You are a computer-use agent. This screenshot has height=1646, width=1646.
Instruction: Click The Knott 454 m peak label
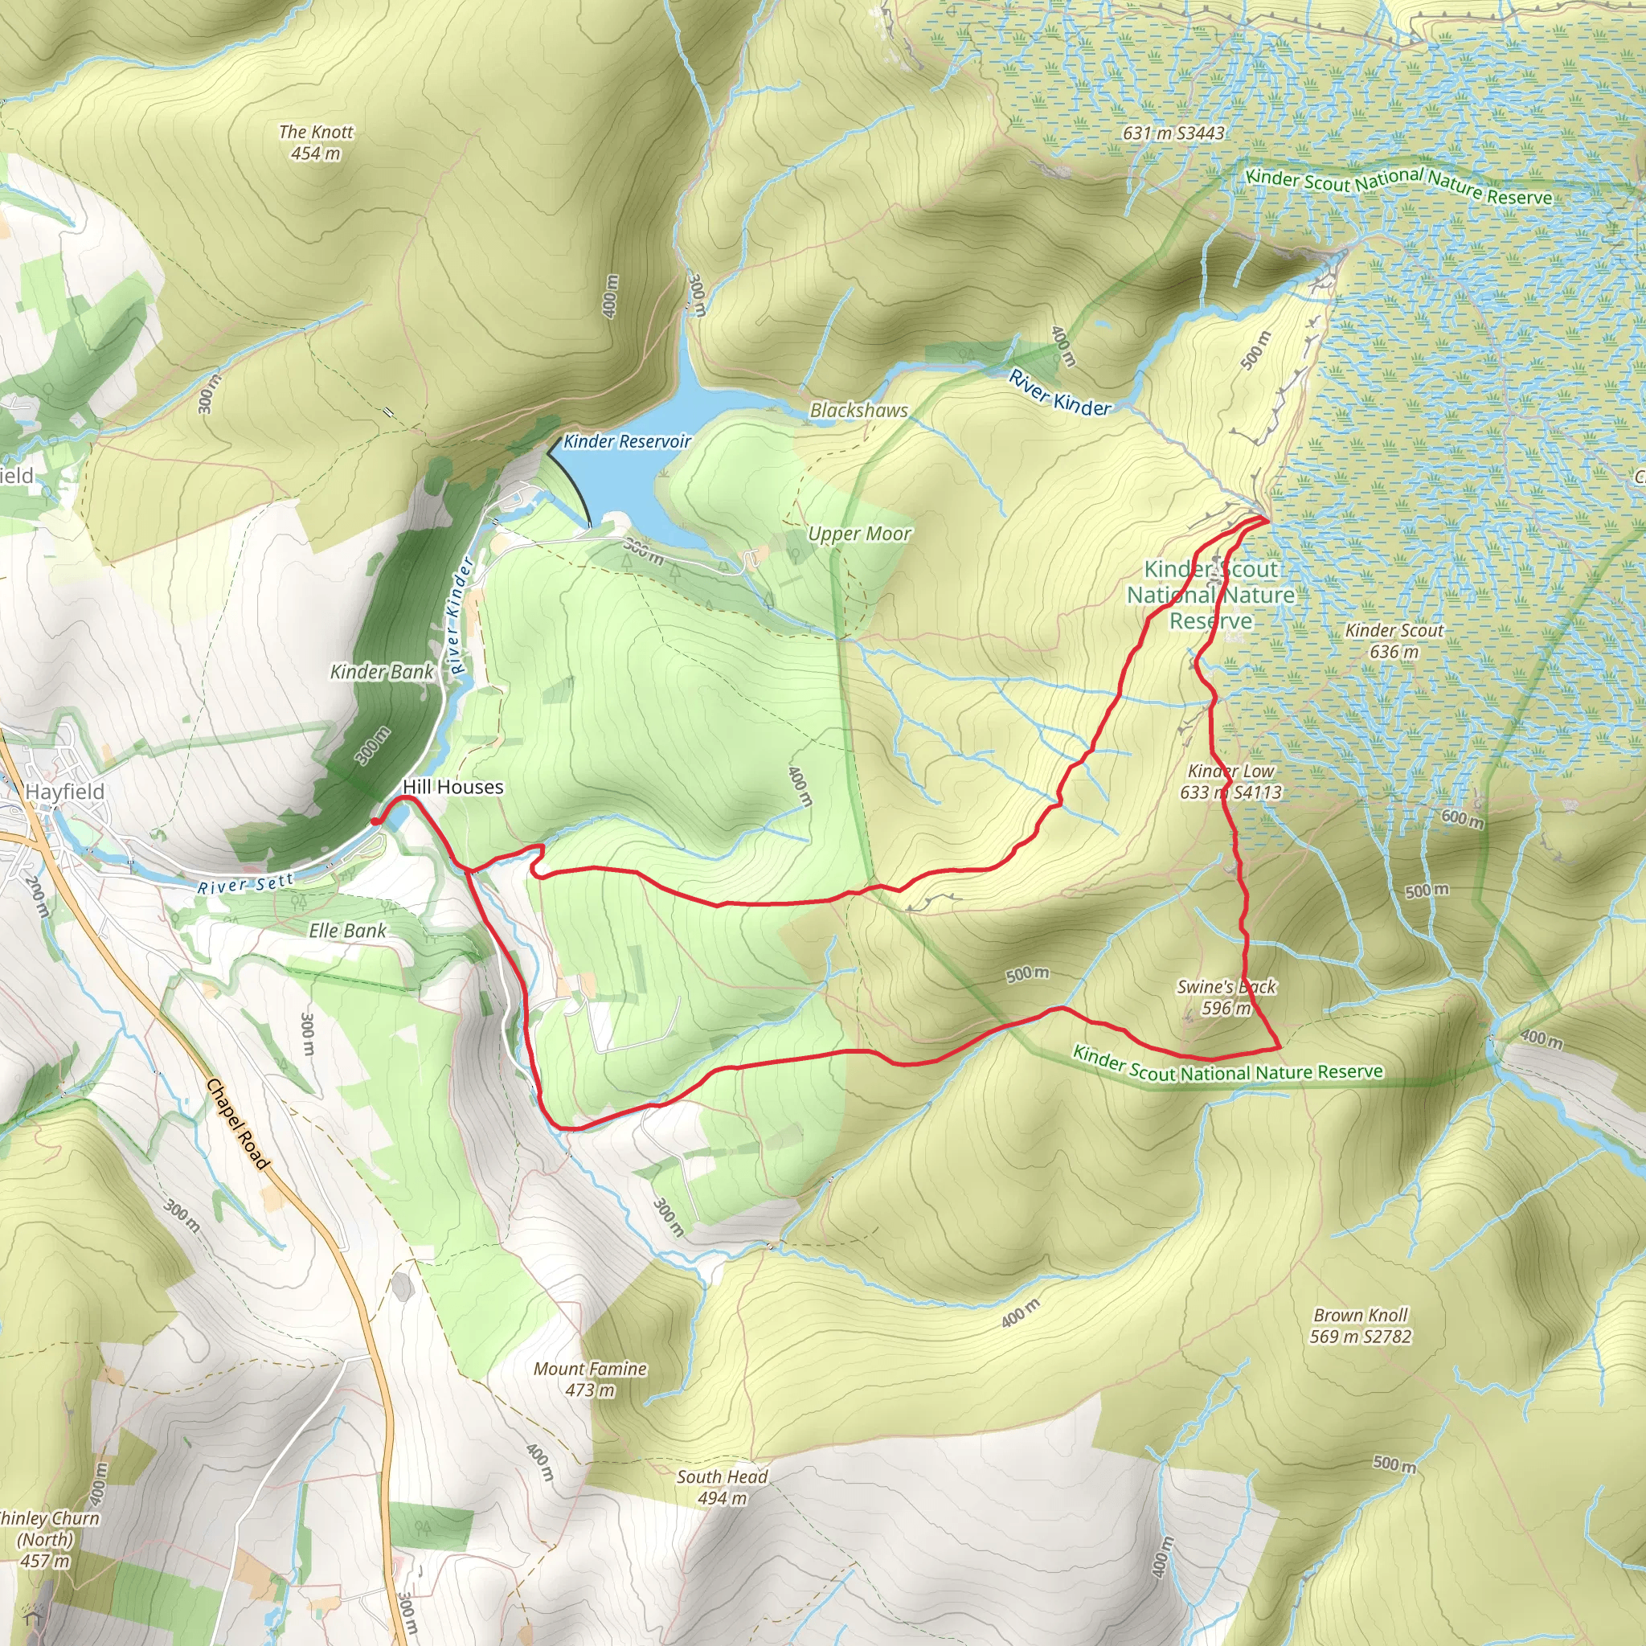click(315, 142)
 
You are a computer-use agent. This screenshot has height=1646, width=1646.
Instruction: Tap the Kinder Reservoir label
click(627, 441)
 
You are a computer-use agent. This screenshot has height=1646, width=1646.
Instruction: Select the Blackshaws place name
click(859, 410)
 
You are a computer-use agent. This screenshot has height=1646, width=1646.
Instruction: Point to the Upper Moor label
click(859, 534)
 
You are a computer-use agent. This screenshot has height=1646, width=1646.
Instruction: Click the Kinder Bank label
click(382, 672)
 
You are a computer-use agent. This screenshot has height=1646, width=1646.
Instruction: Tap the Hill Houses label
click(452, 787)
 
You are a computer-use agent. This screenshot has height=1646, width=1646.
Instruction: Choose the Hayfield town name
click(65, 792)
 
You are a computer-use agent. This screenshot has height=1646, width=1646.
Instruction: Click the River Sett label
click(245, 885)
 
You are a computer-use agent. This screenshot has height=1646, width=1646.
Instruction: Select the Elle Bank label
click(347, 931)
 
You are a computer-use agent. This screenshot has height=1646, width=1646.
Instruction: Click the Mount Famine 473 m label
click(590, 1379)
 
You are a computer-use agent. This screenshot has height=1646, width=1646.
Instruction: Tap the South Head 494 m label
click(722, 1488)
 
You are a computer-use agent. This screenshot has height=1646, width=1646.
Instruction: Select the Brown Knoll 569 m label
click(1360, 1325)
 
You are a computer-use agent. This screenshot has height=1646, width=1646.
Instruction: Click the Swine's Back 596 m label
click(1226, 997)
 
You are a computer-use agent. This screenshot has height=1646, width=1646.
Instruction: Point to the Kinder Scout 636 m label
click(1394, 641)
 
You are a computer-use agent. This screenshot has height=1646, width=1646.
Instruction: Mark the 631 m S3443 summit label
click(1173, 133)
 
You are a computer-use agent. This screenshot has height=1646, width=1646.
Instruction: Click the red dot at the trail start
click(375, 821)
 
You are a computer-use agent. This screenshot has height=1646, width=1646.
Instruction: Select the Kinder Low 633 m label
click(1230, 781)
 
